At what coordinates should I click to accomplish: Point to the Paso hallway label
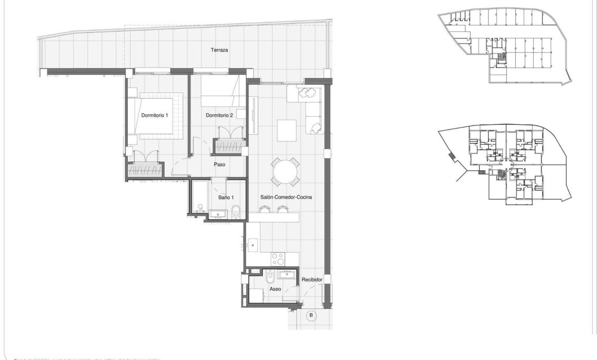[x=219, y=165]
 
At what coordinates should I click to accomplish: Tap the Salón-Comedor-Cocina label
[x=285, y=197]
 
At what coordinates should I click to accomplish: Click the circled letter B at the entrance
[x=312, y=315]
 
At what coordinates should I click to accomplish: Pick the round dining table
[x=285, y=170]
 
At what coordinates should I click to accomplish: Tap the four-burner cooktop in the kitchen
[x=278, y=259]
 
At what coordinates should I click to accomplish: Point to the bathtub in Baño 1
[x=200, y=199]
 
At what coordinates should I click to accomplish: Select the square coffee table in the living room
[x=287, y=130]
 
